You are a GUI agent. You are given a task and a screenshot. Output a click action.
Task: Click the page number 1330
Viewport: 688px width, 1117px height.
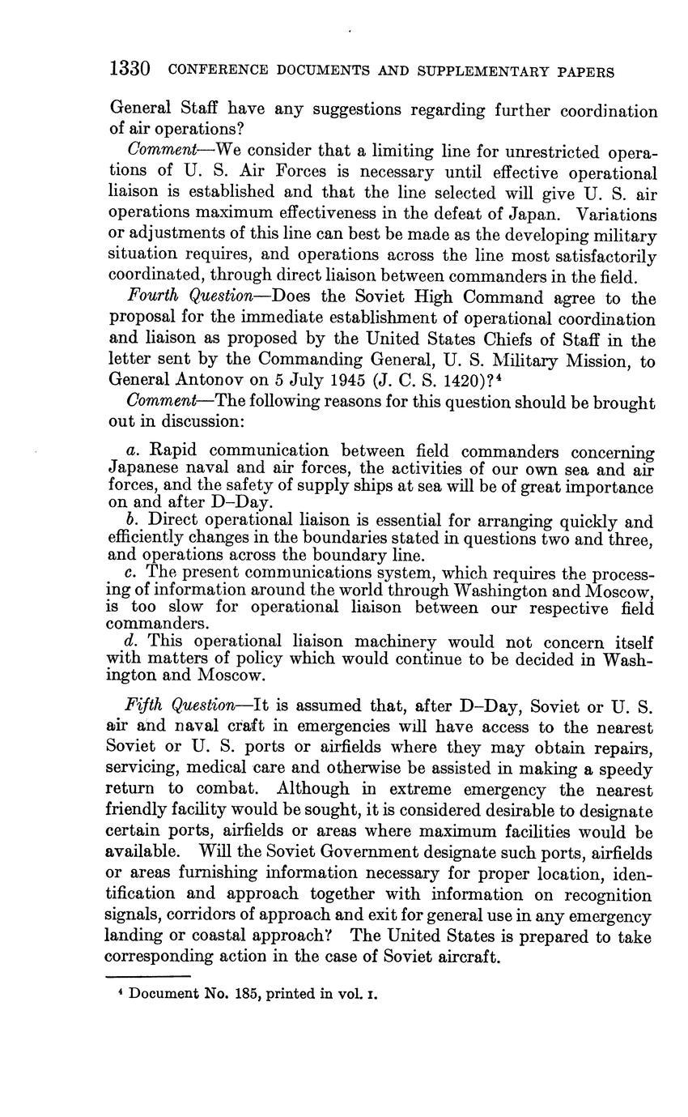click(x=130, y=70)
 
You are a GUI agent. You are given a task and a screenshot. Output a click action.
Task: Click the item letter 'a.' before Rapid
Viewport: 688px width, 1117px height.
click(x=134, y=450)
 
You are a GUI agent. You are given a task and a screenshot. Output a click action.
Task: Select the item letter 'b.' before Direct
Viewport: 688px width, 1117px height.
click(x=134, y=521)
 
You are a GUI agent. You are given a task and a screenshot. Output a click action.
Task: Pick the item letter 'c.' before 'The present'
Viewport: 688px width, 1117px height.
click(x=134, y=573)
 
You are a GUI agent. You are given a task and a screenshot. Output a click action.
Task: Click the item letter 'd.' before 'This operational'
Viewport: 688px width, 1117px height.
click(x=134, y=642)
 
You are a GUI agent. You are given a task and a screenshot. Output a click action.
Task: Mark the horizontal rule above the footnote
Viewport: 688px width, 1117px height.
click(x=148, y=976)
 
